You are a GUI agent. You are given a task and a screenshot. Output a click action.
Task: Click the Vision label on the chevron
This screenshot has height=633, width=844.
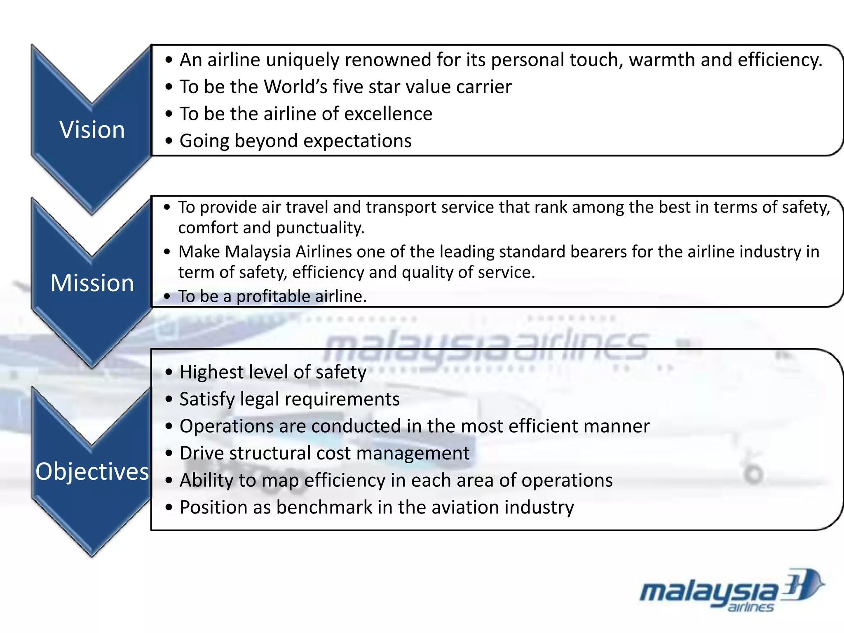[92, 129]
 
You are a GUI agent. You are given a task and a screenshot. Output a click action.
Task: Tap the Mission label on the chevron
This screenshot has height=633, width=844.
[92, 283]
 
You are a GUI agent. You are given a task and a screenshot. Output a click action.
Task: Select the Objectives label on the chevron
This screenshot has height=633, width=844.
[92, 471]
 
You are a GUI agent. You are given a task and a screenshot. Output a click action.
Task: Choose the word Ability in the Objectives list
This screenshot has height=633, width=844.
[206, 481]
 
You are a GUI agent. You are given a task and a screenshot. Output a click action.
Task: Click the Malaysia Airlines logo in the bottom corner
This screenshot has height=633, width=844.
[731, 590]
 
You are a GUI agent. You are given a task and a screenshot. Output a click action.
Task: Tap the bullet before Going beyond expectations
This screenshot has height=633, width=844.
[169, 141]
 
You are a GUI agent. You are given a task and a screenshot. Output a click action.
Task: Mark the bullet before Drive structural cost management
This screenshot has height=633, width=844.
[169, 453]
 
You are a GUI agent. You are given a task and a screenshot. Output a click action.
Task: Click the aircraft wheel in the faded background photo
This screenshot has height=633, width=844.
[754, 474]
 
